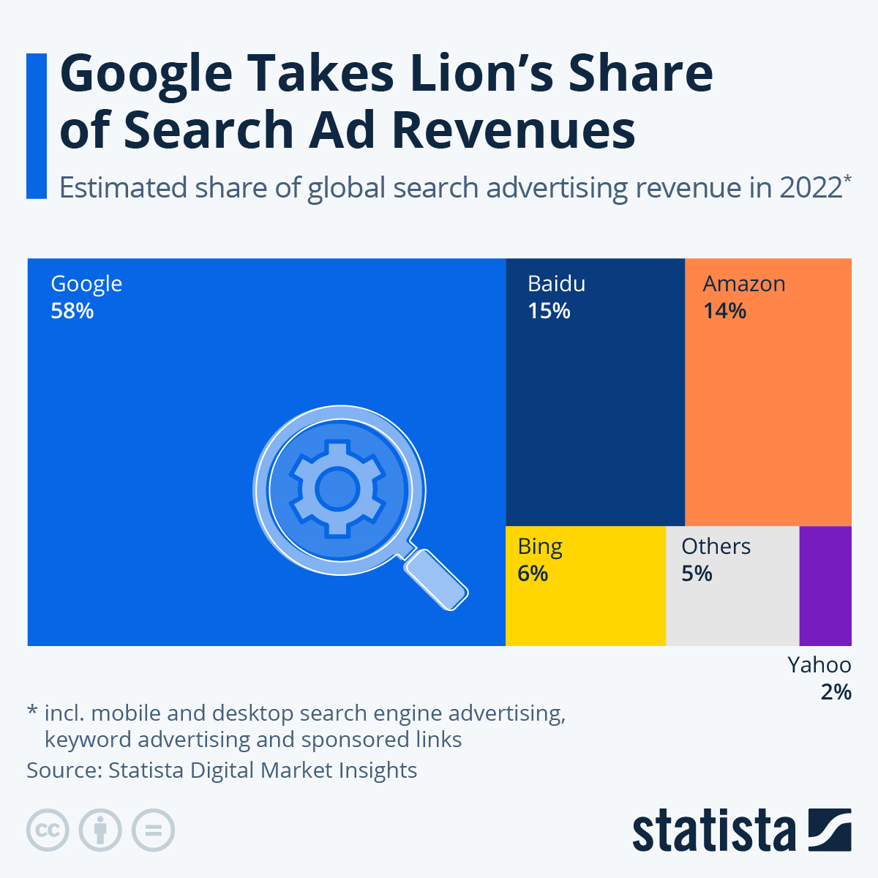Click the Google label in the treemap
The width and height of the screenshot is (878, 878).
[86, 284]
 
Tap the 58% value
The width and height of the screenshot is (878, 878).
[72, 312]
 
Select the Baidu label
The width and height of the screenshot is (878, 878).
[557, 284]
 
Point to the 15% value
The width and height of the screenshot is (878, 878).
[549, 312]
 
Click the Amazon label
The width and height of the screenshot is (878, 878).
[744, 284]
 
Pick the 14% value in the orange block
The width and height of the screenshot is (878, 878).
[725, 312]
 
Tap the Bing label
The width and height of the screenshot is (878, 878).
[540, 547]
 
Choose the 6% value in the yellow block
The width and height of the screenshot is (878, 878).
[533, 574]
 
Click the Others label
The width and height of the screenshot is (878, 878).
[716, 547]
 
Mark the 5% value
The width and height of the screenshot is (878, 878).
[697, 574]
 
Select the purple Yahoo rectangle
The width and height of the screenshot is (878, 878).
[825, 585]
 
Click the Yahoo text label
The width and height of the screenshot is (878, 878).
[819, 665]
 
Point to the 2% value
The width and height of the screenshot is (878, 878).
[836, 692]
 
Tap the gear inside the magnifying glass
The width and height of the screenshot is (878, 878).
[337, 488]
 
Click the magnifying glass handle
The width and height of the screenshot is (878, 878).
[436, 579]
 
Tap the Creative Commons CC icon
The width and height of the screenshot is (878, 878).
[48, 830]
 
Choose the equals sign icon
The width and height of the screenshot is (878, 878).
[154, 830]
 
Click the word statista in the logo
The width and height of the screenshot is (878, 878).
[713, 830]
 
